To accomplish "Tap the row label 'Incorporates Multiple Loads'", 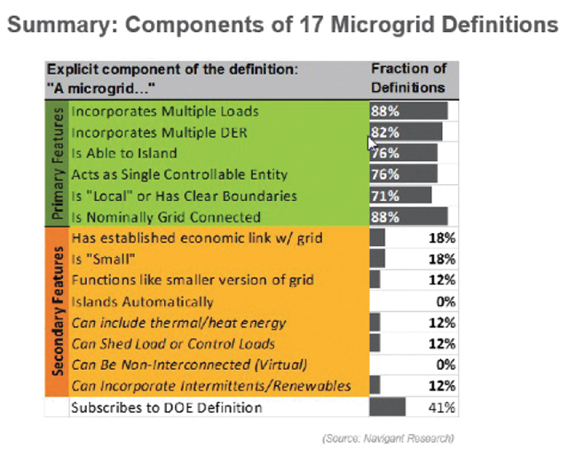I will [x=164, y=111].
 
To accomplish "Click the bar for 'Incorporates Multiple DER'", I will [x=406, y=132].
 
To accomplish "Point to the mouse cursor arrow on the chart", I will [x=373, y=142].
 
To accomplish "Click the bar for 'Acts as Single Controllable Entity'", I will [x=404, y=174].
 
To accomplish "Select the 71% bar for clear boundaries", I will [x=400, y=196].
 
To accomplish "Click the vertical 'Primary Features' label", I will [x=58, y=164].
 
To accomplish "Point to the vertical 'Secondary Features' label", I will [x=58, y=311].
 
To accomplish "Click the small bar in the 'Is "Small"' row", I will [x=377, y=259].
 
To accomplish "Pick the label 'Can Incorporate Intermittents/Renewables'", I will [x=210, y=386].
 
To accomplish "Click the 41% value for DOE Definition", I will [x=443, y=407].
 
